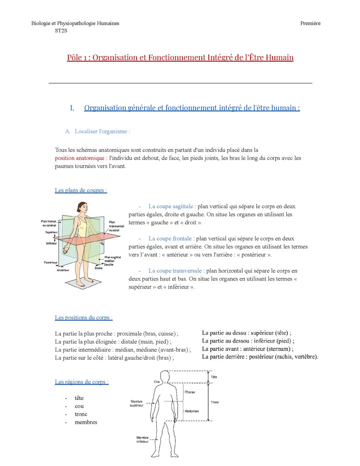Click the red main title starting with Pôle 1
[180, 58]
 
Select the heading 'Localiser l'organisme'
[102, 131]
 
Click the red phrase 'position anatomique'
[79, 158]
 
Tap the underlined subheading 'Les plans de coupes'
[81, 190]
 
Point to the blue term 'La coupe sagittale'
[170, 206]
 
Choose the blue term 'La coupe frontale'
[170, 239]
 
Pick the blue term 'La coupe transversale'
[175, 271]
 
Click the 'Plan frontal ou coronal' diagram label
[49, 223]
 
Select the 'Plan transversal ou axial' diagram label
[116, 226]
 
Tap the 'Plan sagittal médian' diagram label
[112, 259]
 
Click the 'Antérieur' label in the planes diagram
[63, 270]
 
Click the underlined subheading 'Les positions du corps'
[83, 318]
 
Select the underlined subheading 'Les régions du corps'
[81, 382]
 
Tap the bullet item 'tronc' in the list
[81, 414]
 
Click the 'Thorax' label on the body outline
[190, 392]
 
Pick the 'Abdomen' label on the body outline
[192, 411]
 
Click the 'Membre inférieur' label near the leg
[142, 440]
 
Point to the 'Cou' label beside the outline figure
[157, 382]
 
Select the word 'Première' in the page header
[310, 23]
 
